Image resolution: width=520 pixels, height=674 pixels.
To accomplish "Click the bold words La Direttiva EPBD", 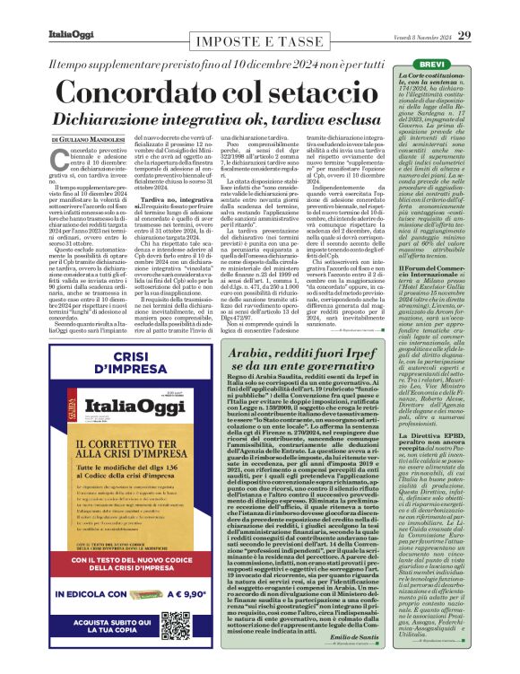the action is tap(435, 435).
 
